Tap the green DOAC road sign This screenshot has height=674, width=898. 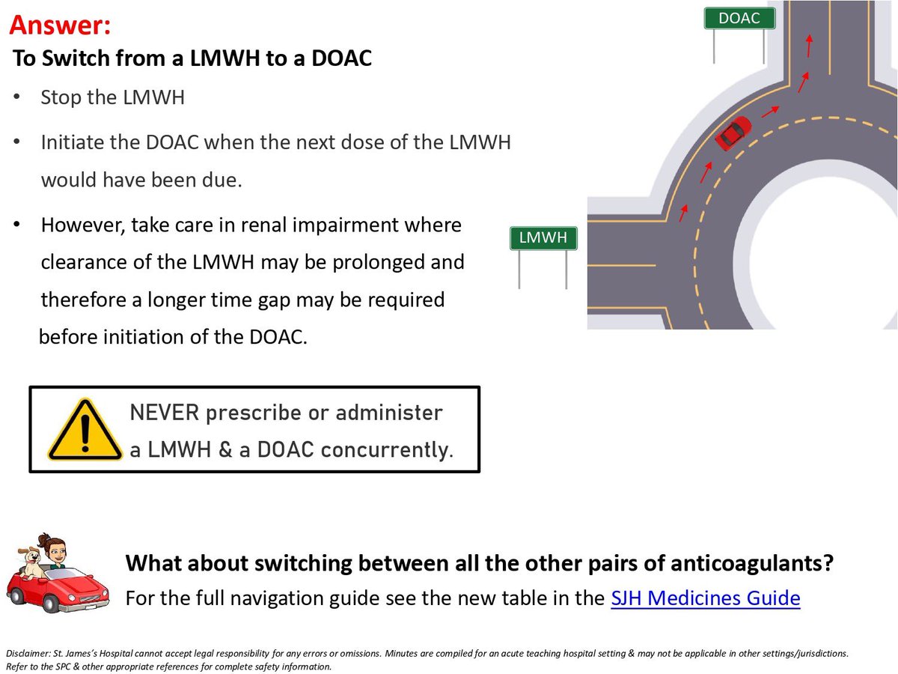[739, 19]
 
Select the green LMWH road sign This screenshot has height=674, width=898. [543, 239]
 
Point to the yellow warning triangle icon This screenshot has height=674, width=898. [84, 430]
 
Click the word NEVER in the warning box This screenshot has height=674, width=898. [168, 413]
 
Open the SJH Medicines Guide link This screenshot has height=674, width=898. [705, 598]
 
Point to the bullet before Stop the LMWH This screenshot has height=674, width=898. [17, 98]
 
